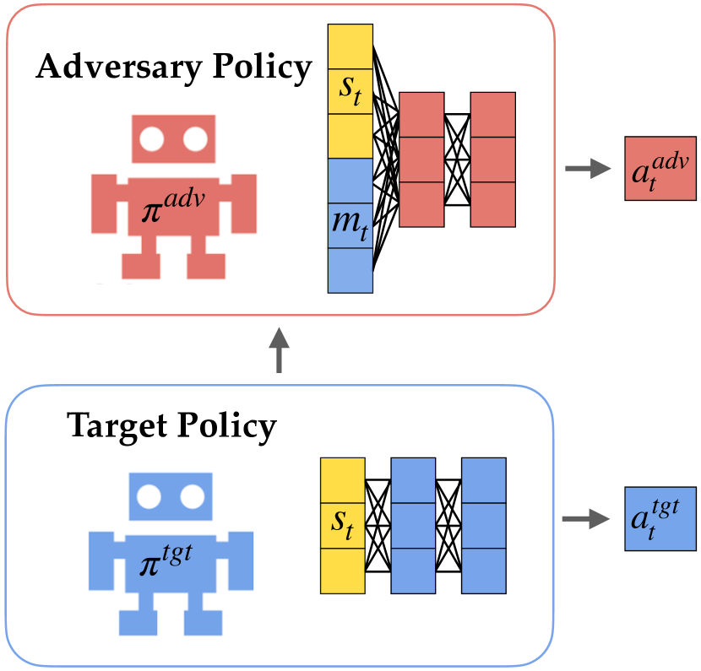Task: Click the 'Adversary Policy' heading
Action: coord(174,68)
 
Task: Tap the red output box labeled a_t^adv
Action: coord(660,169)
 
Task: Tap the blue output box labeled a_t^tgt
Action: coord(659,519)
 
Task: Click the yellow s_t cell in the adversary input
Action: coord(350,90)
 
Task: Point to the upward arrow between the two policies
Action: coord(279,350)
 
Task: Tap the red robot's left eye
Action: coord(152,138)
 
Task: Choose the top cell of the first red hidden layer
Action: coord(421,114)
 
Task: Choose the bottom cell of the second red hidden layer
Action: coord(493,204)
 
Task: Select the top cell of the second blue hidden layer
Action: coord(484,480)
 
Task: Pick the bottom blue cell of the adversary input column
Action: coord(350,270)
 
